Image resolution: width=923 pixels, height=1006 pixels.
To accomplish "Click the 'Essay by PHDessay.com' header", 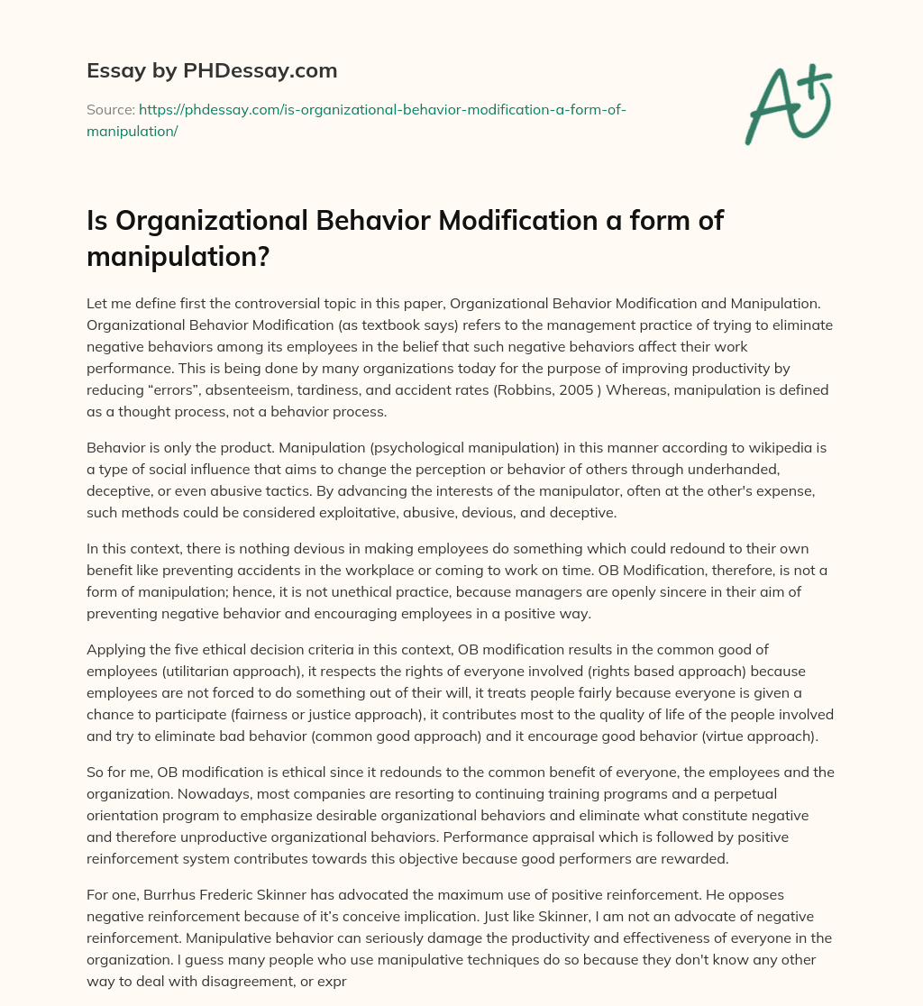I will pos(211,70).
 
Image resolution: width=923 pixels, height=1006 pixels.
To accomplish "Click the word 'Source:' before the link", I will pos(110,110).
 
